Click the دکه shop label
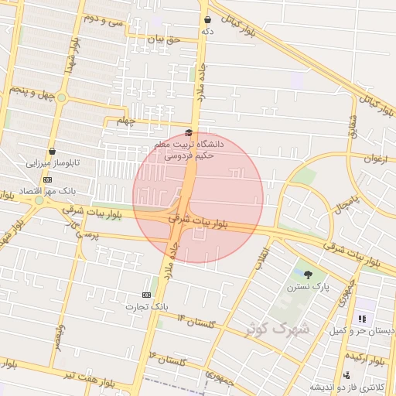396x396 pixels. (x=207, y=32)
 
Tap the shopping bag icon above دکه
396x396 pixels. (x=207, y=20)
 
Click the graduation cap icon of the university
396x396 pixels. (x=189, y=132)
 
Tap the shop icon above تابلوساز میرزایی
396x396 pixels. (x=52, y=151)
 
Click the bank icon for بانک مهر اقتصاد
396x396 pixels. (x=47, y=179)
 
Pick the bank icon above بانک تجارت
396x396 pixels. (x=146, y=295)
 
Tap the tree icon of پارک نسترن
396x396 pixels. (x=309, y=274)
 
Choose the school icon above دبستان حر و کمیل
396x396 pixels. (x=361, y=318)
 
